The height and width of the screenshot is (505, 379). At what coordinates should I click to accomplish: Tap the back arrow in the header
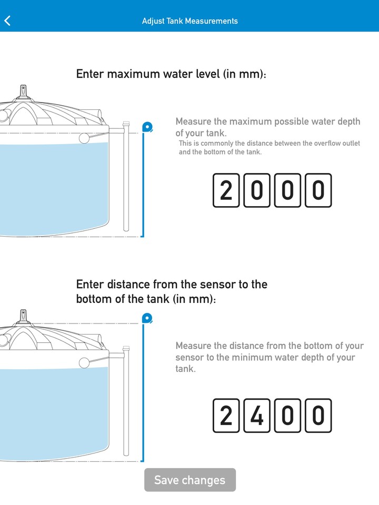click(7, 21)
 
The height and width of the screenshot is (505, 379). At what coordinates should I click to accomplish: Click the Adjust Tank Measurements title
click(189, 21)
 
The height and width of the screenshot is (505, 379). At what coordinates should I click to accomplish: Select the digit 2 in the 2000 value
click(225, 190)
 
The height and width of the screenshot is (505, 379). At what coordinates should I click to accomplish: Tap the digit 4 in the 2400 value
click(256, 416)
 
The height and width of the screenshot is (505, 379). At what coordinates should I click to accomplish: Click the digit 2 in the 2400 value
click(225, 416)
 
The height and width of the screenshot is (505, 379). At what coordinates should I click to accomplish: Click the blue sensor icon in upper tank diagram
click(147, 126)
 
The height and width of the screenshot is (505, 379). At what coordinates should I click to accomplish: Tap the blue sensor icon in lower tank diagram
click(147, 318)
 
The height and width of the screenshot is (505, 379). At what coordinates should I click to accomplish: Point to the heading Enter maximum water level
click(171, 74)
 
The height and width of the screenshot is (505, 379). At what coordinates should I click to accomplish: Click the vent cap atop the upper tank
click(23, 92)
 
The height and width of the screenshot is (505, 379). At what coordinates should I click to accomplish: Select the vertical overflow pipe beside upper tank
click(126, 179)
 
